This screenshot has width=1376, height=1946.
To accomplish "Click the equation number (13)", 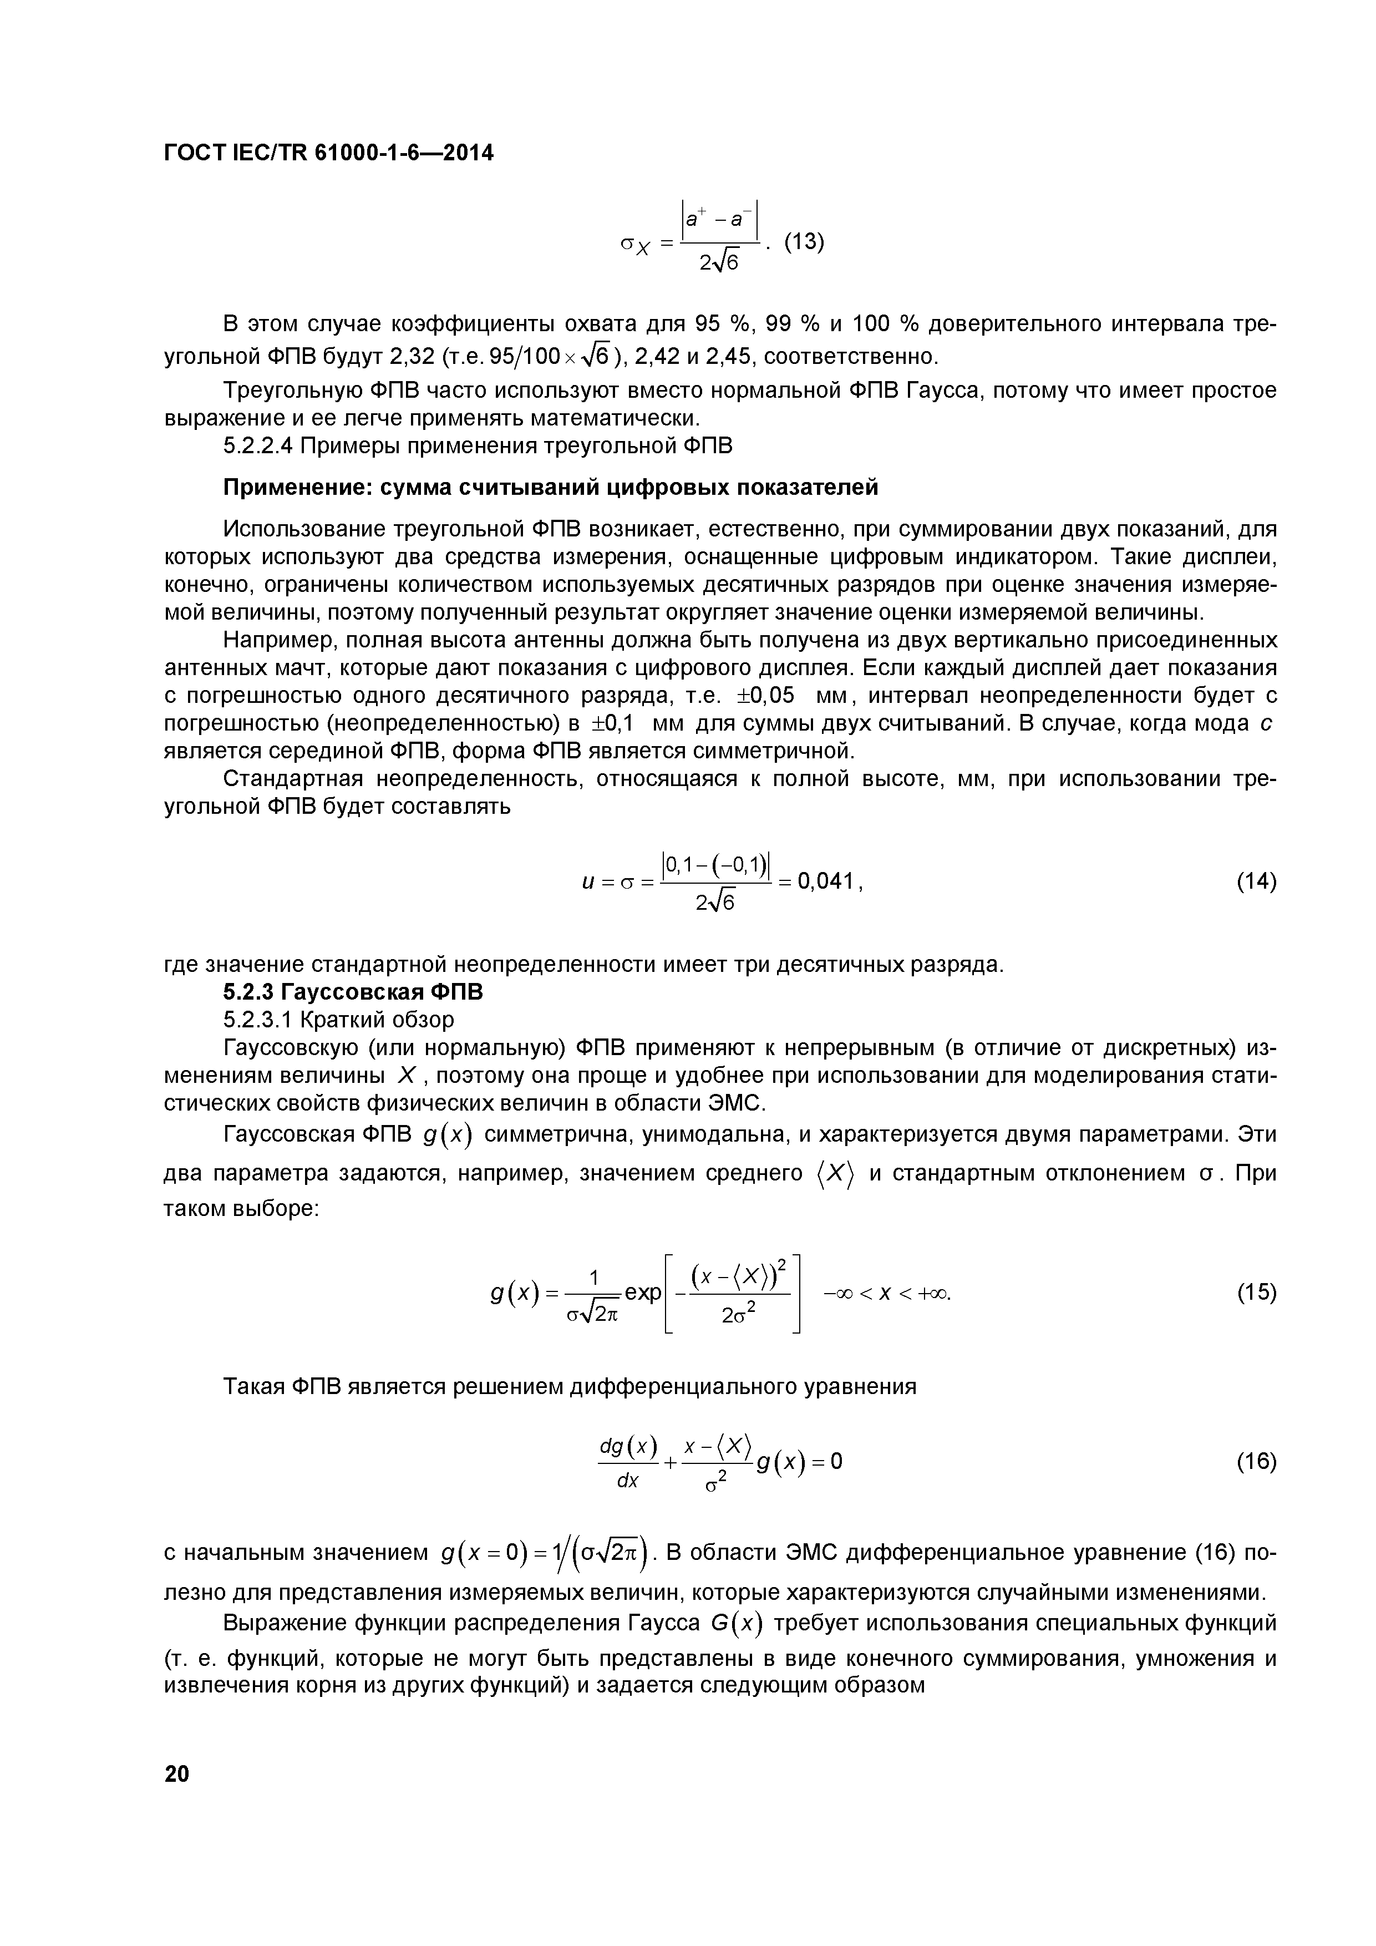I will [803, 242].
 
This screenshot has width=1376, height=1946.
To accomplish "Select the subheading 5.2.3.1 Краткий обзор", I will [338, 1020].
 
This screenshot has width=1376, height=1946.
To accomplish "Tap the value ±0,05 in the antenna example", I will [767, 697].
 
